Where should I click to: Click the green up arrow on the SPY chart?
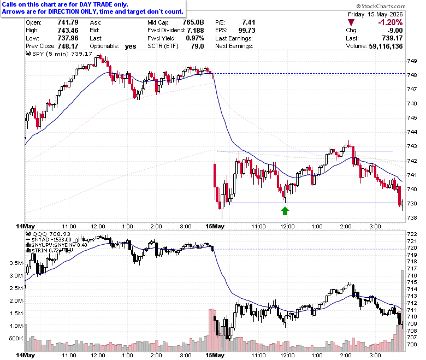pos(285,211)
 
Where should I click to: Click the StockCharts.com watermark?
pos(381,6)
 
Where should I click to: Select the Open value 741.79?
pos(68,22)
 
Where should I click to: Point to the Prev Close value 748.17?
pos(68,46)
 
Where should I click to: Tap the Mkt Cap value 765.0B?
pos(193,22)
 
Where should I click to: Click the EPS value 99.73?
pos(247,30)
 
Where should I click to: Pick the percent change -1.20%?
pos(390,22)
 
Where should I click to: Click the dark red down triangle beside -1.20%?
pos(351,22)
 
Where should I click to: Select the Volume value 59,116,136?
pos(386,46)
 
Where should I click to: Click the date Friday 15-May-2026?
pos(375,14)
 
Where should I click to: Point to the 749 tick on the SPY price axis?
pos(412,61)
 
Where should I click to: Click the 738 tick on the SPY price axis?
pos(412,217)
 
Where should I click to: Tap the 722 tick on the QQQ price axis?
pos(412,234)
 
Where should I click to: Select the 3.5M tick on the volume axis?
pos(16,263)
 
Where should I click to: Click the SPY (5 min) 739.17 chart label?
pos(58,54)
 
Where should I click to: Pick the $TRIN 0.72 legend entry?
pos(43,250)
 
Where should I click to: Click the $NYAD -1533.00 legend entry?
pos(49,240)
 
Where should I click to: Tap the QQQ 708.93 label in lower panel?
pos(48,234)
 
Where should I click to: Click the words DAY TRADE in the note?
pos(95,4)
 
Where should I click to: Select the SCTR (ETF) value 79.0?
pos(197,46)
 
